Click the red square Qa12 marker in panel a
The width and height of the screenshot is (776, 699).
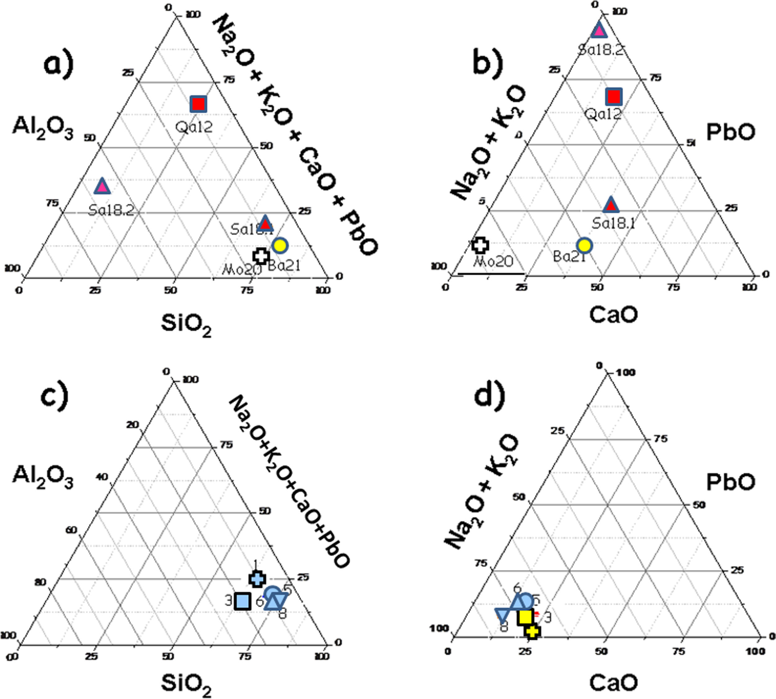[x=199, y=104]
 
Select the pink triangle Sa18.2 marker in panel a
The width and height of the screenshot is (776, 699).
[x=102, y=187]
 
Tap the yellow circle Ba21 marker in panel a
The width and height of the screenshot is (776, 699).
[x=280, y=245]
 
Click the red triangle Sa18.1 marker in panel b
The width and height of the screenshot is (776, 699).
[x=611, y=205]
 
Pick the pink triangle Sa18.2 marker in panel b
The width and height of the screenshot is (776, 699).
[x=599, y=31]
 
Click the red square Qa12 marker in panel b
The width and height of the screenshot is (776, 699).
[x=613, y=96]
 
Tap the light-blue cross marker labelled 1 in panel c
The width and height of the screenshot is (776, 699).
[x=257, y=579]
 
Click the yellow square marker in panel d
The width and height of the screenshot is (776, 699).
[x=525, y=617]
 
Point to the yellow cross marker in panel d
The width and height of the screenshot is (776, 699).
[x=532, y=631]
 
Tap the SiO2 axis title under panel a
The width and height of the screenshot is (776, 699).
[x=186, y=325]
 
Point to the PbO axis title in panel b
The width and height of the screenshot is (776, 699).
[x=731, y=132]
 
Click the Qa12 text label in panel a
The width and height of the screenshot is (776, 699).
[x=194, y=127]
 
